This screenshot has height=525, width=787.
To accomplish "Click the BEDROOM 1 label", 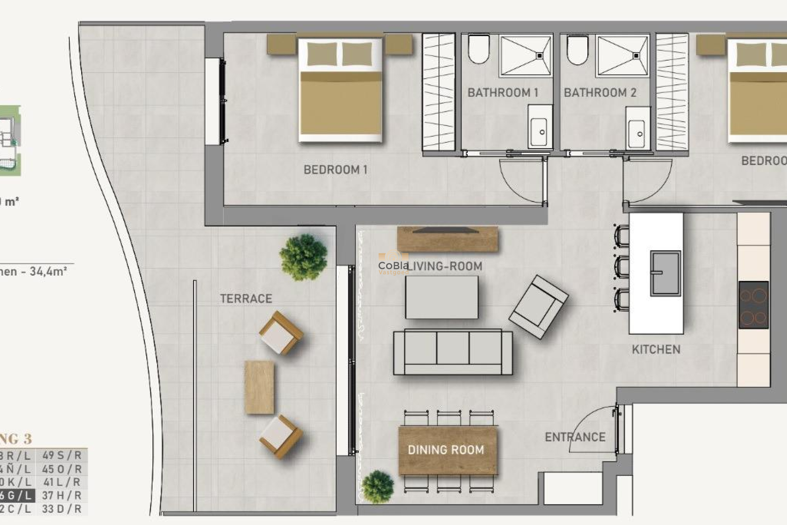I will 335,169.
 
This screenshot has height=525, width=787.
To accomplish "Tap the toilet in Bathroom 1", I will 479,49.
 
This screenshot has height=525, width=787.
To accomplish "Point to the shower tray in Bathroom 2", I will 622,56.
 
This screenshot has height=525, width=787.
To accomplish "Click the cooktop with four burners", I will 753,305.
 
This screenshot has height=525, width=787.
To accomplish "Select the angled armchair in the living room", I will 538,307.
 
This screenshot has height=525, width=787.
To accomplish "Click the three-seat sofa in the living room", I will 453,352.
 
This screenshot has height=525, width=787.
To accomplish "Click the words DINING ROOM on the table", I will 446,450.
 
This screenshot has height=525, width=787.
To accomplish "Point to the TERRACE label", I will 246,299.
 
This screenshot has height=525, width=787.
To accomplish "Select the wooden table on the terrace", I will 259,387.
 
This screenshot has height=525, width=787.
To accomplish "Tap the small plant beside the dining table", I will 378,487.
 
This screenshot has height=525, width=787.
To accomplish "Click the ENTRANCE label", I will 575,437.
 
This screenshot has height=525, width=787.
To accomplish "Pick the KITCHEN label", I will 656,349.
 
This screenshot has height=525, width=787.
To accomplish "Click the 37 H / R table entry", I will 62,495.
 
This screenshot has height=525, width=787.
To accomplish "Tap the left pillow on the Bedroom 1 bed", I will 322,54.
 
